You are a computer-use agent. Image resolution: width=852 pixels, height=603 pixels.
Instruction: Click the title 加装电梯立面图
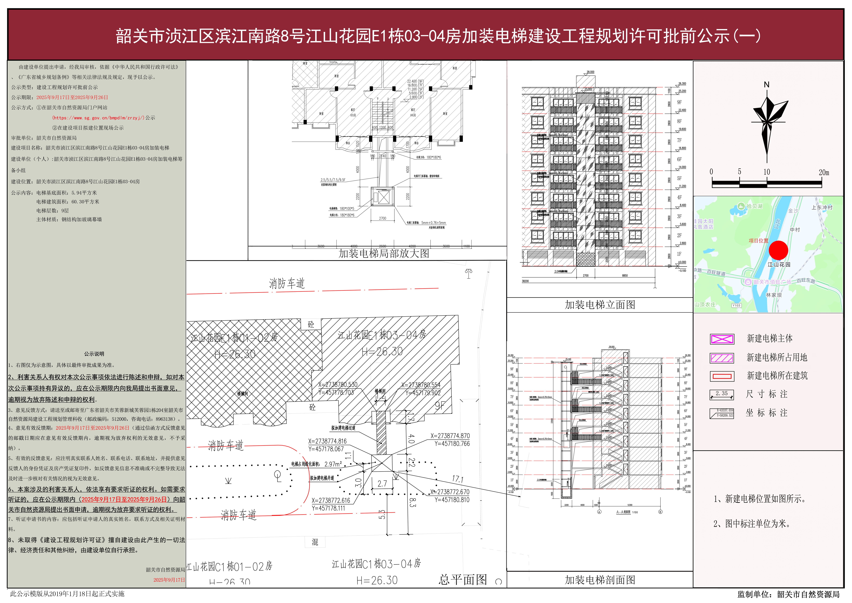[600, 305]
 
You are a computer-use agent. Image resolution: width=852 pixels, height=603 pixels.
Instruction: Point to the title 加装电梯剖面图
[600, 580]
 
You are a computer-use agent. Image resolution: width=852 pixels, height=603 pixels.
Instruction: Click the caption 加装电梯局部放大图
[384, 254]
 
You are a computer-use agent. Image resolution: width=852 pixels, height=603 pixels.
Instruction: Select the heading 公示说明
[94, 354]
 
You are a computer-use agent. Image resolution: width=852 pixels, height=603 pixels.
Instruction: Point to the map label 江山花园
[779, 264]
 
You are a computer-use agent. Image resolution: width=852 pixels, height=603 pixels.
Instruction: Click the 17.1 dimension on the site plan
[457, 479]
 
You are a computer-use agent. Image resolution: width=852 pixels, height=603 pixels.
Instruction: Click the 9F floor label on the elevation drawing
[679, 102]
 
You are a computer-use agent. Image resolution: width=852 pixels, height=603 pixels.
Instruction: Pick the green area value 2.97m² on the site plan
[333, 464]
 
